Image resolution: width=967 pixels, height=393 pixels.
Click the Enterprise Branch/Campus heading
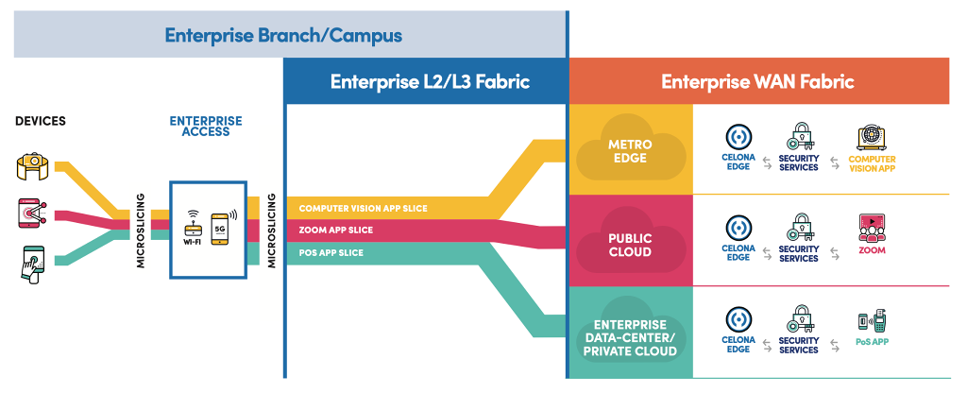[x=283, y=36]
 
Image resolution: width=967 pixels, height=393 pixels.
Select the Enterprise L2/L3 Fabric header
[x=430, y=82]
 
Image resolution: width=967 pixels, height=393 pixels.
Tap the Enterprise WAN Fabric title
[x=757, y=82]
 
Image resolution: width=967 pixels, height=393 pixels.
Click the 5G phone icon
[x=222, y=227]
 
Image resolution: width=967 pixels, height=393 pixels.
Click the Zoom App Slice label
[x=335, y=230]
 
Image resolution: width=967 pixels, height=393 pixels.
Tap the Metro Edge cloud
[x=629, y=151]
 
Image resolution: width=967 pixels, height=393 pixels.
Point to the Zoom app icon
[x=872, y=228]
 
